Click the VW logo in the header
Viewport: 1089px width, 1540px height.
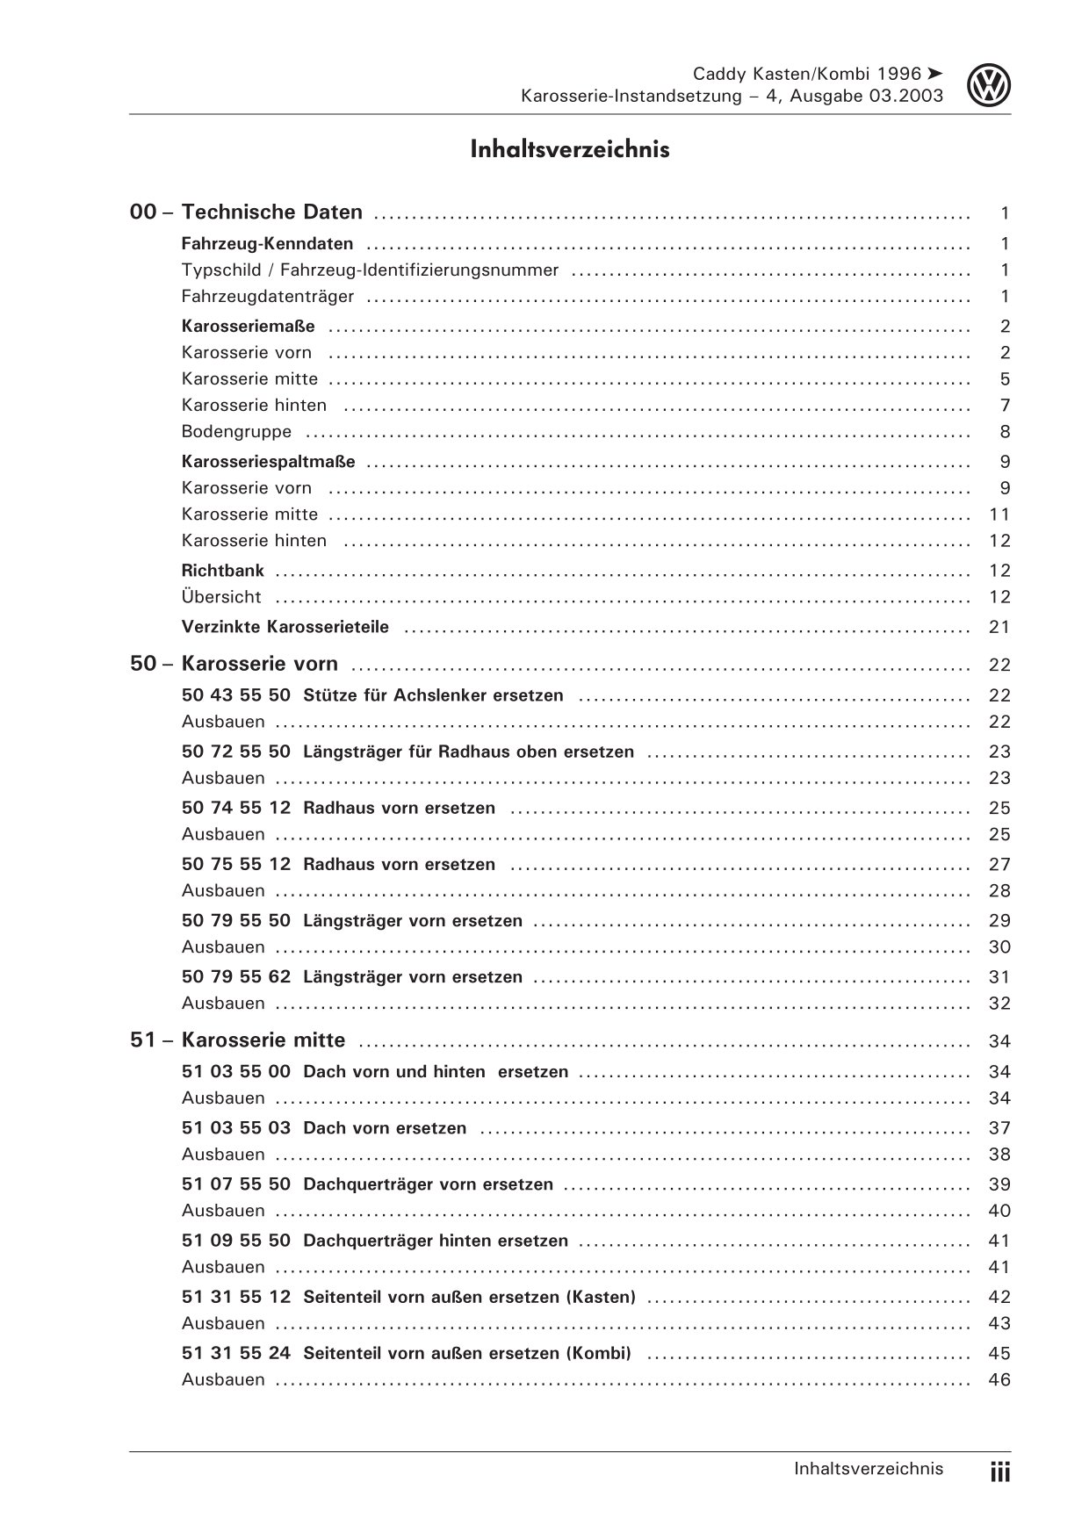coord(990,86)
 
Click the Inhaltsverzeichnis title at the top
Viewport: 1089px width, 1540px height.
coord(569,149)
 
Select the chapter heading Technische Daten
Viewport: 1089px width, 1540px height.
coord(271,212)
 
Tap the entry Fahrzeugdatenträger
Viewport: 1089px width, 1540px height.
coord(268,297)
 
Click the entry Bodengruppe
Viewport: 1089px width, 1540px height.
coord(236,432)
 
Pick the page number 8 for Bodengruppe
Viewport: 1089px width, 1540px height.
coord(1005,432)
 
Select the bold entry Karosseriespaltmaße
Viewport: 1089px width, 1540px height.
coord(268,462)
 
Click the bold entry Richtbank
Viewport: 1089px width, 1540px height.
coord(222,571)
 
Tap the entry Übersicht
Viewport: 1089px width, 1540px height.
coord(221,597)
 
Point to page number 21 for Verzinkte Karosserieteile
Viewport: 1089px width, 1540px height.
coord(999,627)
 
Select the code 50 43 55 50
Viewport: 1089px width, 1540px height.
coord(235,695)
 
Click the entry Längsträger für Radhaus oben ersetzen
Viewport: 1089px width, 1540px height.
coord(468,752)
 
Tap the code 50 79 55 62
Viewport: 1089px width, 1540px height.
coord(235,977)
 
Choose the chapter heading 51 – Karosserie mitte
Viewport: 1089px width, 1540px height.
coord(238,1040)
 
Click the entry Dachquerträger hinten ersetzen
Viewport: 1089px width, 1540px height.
coord(436,1241)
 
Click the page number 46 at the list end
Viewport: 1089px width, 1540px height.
coord(999,1380)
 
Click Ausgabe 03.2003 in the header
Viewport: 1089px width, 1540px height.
coord(867,97)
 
